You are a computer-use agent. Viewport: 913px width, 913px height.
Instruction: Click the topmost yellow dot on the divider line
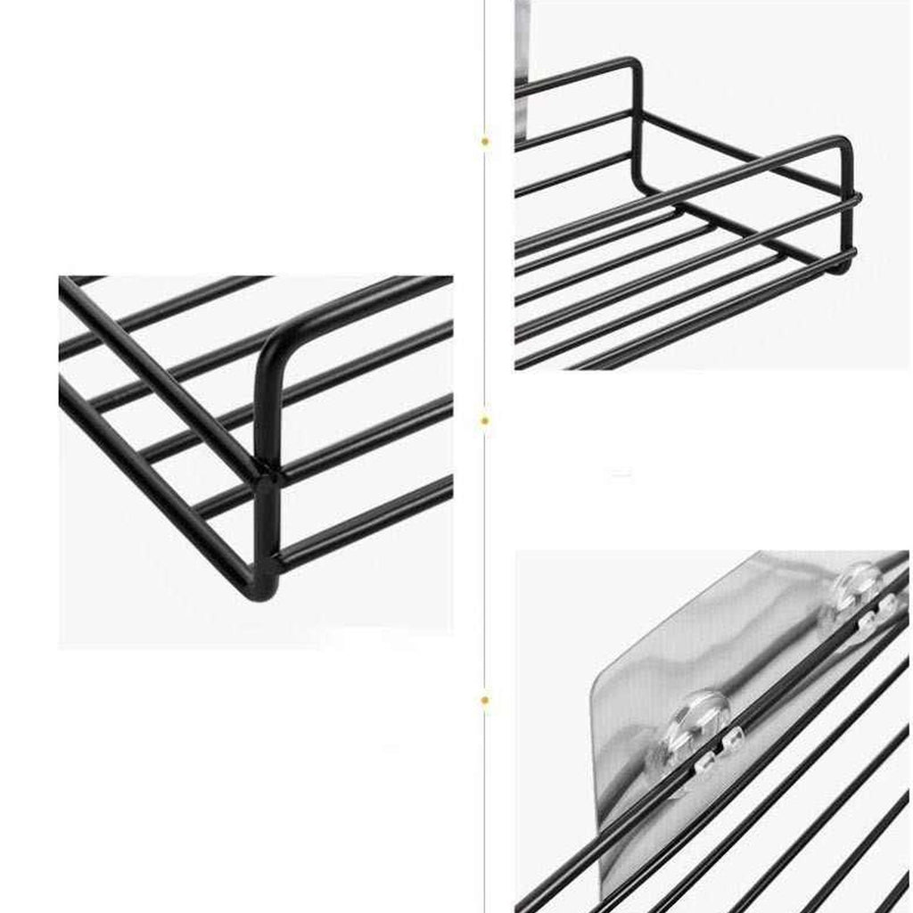coord(485,141)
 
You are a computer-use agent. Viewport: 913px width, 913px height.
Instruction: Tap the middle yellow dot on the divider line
coord(485,419)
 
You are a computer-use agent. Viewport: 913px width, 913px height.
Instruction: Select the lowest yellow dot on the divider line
coord(485,701)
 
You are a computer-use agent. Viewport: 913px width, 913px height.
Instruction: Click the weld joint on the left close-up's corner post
coord(267,473)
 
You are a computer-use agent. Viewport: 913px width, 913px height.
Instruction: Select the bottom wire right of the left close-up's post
coord(366,526)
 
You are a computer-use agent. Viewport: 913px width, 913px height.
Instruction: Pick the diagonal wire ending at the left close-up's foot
coord(152,481)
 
